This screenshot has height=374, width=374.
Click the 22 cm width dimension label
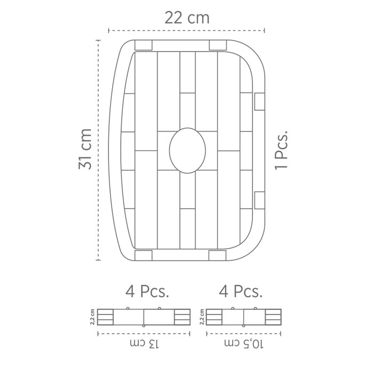(187, 18)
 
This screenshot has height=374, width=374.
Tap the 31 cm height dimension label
(85, 149)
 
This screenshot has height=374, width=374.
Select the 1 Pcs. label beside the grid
(282, 150)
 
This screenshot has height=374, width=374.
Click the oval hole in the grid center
(188, 151)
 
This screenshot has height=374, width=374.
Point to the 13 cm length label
(144, 344)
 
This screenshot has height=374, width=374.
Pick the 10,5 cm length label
(244, 344)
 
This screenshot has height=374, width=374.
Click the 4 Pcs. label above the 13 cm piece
(147, 291)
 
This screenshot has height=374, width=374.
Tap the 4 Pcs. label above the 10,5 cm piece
(240, 291)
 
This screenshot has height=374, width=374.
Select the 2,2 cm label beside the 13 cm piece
(92, 317)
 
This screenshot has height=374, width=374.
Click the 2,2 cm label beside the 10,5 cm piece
(202, 317)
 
